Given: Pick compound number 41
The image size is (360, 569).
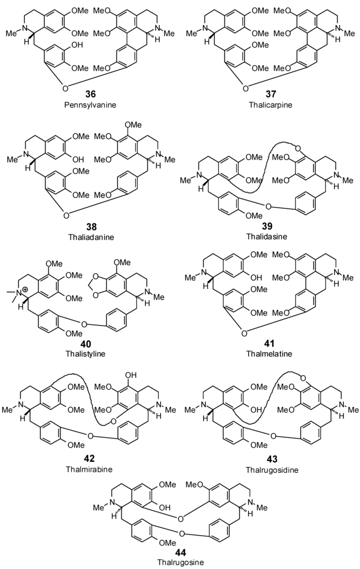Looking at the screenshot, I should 270,344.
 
